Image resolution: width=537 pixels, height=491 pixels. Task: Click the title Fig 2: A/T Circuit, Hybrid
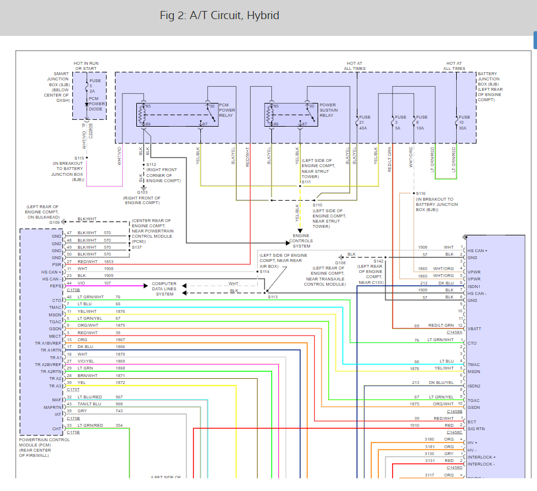point(219,16)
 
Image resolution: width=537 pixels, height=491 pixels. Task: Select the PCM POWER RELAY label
point(227,110)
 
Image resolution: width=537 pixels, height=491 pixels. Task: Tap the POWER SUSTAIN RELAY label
point(329,110)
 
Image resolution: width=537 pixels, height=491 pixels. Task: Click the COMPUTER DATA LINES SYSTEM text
point(165,289)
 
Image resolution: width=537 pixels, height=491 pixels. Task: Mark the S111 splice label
point(305,182)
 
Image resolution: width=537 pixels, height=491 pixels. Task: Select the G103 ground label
point(143,192)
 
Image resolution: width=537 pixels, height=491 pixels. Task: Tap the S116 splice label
point(420,194)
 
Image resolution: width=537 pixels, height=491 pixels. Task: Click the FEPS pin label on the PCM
point(55,286)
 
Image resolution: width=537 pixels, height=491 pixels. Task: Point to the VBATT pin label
point(475,328)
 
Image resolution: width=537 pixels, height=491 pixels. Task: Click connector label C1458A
point(454,333)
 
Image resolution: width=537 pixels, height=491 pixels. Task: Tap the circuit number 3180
point(430,439)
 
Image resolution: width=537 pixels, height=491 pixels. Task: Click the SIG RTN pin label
point(476,429)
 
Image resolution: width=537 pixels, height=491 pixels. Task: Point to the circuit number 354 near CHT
point(119,426)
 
